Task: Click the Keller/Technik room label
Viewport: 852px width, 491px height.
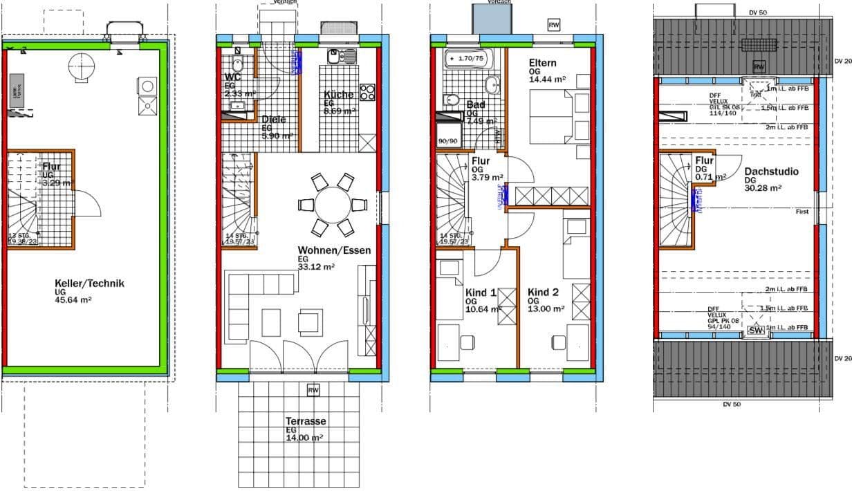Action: pos(89,283)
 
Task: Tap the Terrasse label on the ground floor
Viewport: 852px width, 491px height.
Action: pos(305,421)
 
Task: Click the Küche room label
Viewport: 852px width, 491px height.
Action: pos(338,95)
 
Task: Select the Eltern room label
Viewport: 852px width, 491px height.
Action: pos(542,63)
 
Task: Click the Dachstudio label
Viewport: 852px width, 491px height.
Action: pos(771,172)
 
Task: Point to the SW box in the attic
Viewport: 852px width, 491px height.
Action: pos(756,331)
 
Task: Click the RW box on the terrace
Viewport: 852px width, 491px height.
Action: pos(313,391)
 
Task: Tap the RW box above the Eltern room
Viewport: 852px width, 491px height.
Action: pos(553,25)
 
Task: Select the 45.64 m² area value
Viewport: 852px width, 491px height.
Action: pos(73,300)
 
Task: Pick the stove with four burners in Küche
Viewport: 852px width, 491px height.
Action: pos(367,92)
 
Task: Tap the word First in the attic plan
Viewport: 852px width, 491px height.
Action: pos(802,211)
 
